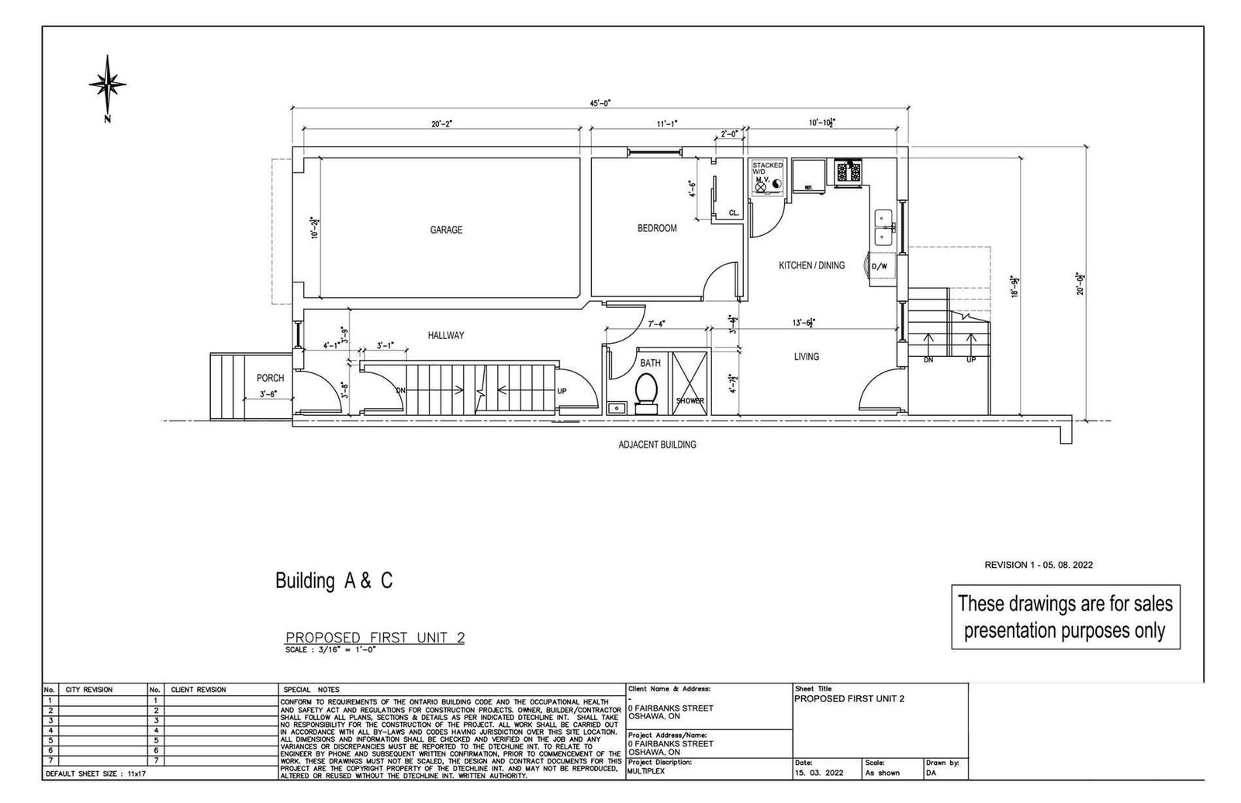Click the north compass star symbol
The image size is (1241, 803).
coord(107,84)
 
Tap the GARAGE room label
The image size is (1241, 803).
coord(446,230)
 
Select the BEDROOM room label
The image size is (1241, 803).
coord(657,228)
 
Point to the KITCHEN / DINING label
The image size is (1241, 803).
coord(811,265)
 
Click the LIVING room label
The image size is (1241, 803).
coord(806,357)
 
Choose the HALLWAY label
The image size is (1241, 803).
coord(445,335)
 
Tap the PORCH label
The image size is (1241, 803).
coord(270,378)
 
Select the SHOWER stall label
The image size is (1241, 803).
coord(690,401)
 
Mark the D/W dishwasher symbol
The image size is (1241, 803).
coord(879,267)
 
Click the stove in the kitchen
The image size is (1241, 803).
coord(849,172)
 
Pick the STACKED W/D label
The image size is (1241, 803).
coord(767,168)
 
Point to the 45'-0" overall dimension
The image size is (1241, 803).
coord(600,102)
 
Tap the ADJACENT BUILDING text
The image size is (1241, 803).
coord(657,445)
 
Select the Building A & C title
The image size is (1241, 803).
coord(334,581)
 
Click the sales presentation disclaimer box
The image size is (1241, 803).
coord(1065,616)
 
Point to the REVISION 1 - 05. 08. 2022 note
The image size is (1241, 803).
coord(1039,565)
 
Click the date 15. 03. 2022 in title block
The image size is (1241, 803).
coord(818,773)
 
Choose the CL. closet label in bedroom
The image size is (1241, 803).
coord(733,213)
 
